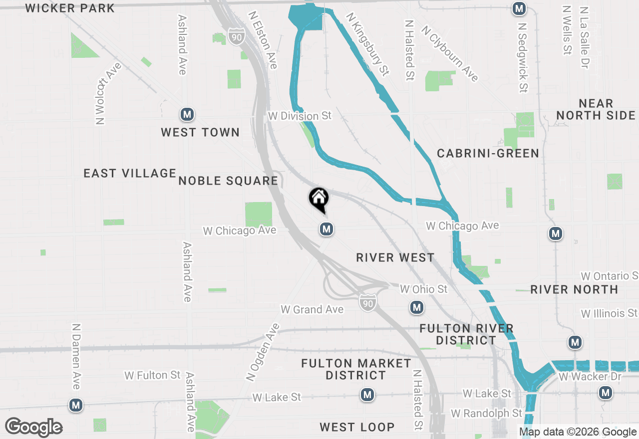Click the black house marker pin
coord(319,199)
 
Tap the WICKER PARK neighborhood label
coord(70,8)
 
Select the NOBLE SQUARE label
coord(228,181)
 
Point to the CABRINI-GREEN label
coord(488,153)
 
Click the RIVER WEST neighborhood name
coord(395,257)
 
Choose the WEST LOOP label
coord(357,427)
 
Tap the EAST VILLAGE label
coord(130,173)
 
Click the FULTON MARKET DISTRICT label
coord(356,369)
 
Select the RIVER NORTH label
coord(574,289)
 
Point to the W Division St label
coord(300,116)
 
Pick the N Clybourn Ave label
coord(450,53)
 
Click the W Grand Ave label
coord(312,309)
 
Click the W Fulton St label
coord(152,375)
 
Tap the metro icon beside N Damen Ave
coord(76,405)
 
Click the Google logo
coord(33,427)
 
